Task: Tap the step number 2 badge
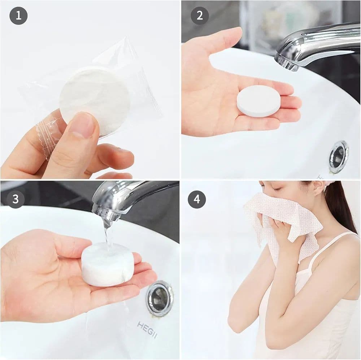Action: (200, 16)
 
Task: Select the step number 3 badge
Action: (16, 199)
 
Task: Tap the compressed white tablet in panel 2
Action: (258, 101)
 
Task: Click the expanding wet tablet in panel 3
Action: (108, 264)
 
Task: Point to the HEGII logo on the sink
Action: (147, 330)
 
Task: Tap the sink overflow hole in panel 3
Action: (159, 298)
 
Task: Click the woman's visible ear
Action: (319, 191)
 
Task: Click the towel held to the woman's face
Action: (283, 221)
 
